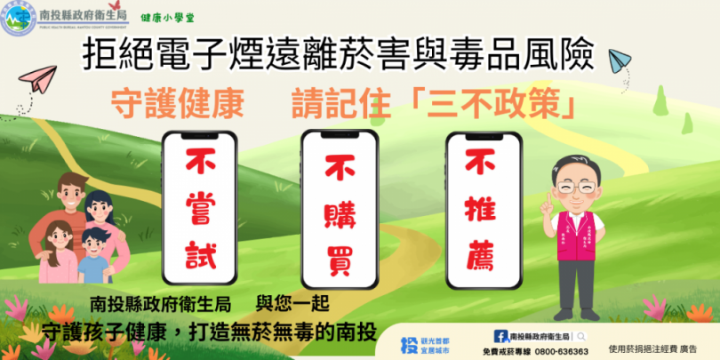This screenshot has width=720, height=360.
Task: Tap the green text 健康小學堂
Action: pos(164,18)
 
